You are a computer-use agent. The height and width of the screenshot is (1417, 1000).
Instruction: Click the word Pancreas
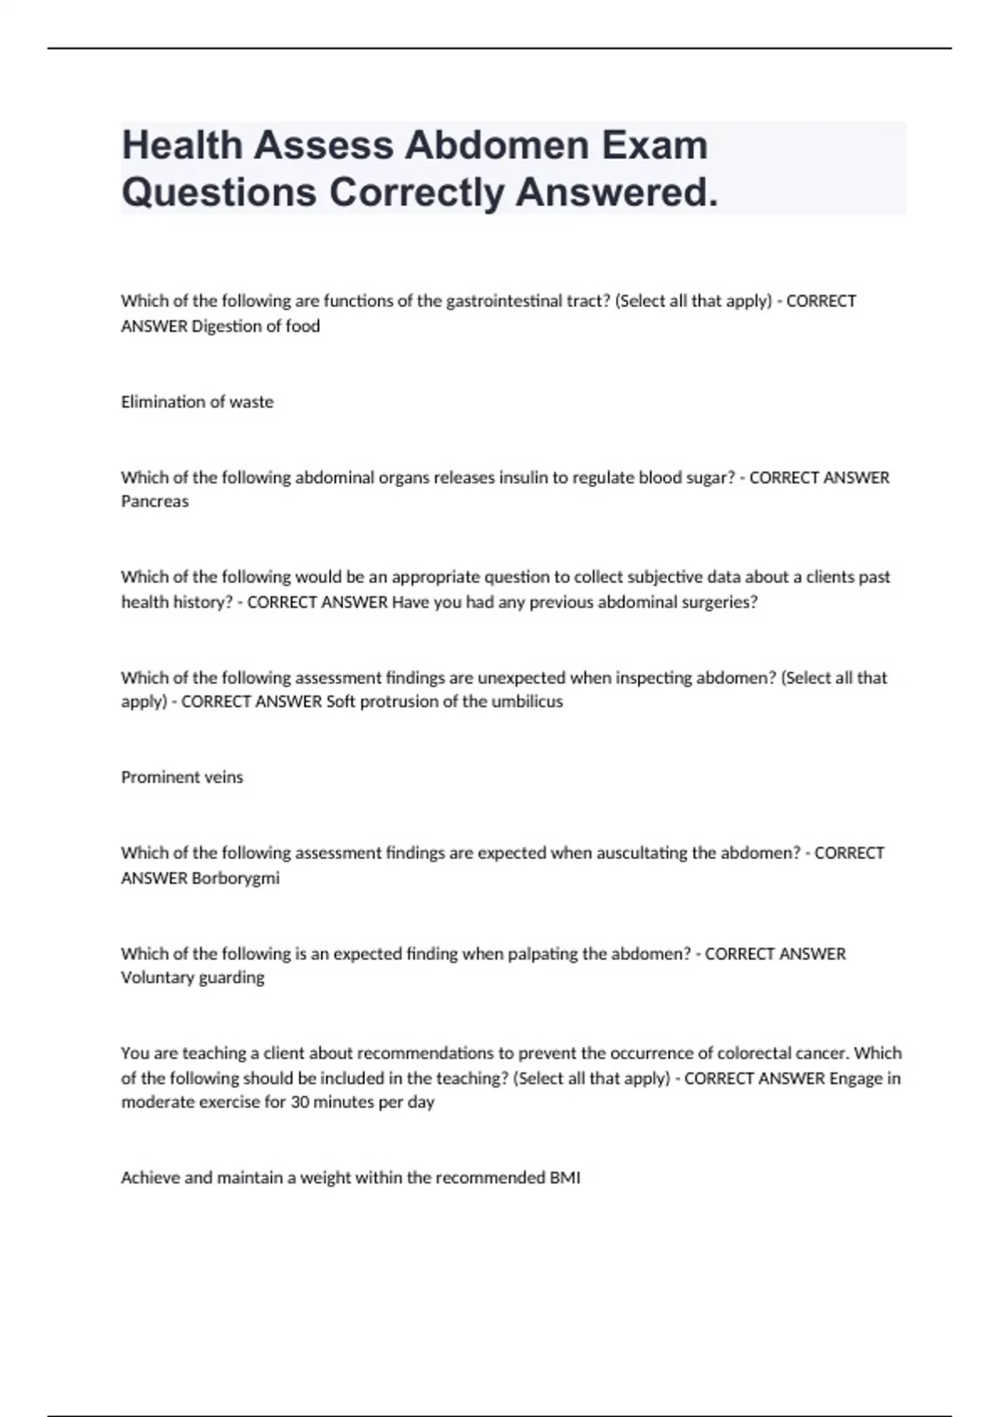155,502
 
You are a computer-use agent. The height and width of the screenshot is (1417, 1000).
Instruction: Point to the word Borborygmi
236,878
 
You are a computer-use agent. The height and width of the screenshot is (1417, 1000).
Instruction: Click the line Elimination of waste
197,402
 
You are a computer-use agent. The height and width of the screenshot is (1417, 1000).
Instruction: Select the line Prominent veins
182,777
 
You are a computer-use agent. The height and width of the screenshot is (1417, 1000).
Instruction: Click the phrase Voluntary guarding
192,977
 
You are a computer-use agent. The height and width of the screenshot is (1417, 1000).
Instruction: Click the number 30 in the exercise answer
299,1102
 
